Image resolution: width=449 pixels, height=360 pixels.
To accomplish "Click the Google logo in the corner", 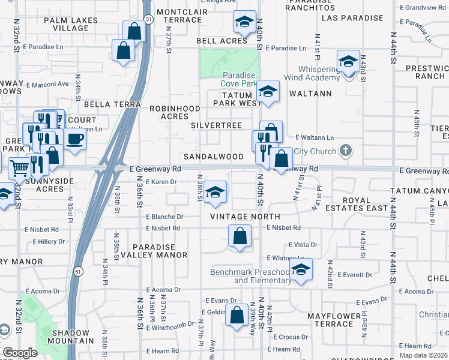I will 20,353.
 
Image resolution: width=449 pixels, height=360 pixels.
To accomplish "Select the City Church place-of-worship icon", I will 345,150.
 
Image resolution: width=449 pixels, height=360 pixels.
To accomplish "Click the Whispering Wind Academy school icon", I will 348,62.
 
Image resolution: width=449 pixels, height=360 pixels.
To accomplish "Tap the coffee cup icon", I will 74,139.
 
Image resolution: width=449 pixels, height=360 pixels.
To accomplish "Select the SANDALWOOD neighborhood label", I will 213,157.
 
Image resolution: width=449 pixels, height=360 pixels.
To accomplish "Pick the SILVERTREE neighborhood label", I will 216,125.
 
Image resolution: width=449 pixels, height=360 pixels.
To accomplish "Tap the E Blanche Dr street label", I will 164,217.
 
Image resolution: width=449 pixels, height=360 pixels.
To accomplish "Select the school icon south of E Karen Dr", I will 215,192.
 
